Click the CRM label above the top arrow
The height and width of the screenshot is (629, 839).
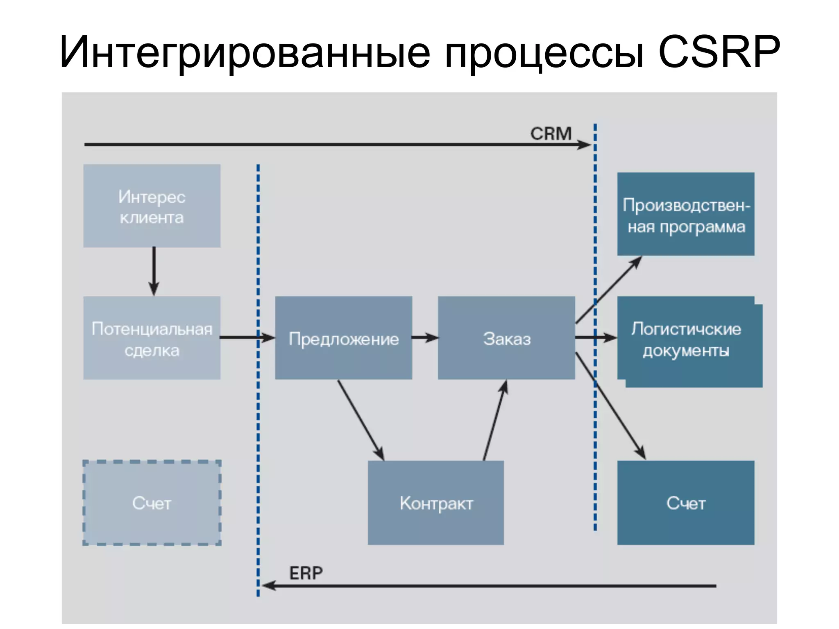tap(551, 133)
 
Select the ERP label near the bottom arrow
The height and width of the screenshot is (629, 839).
tap(306, 573)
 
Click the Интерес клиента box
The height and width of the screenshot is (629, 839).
tap(152, 206)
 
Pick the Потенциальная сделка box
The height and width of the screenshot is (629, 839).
tap(152, 338)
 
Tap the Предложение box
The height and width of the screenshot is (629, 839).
tap(343, 338)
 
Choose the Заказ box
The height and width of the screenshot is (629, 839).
tap(506, 338)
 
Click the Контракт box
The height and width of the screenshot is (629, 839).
tap(436, 503)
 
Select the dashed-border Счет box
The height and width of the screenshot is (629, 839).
tap(152, 503)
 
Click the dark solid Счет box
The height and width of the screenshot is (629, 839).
tap(686, 503)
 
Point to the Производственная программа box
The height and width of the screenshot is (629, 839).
tap(686, 214)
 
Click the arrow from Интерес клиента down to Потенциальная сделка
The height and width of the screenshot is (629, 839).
tap(154, 271)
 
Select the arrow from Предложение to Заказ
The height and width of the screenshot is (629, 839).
tap(425, 337)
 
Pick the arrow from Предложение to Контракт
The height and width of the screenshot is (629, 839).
tap(361, 420)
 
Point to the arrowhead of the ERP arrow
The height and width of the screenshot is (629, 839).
tap(269, 586)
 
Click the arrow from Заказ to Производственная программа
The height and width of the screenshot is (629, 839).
tap(609, 290)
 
